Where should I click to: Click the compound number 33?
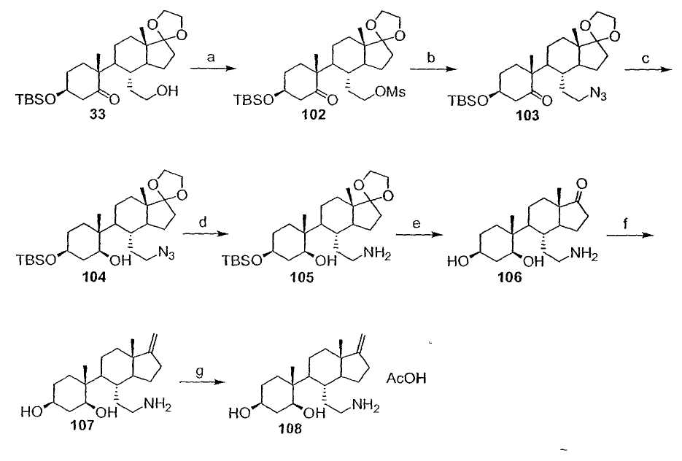click(x=96, y=116)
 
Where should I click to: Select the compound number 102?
click(x=314, y=116)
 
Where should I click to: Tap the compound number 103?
click(x=527, y=116)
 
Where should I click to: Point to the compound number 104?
click(x=94, y=277)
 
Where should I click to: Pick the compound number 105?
click(x=302, y=277)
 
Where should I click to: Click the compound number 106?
click(x=509, y=277)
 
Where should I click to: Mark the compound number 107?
click(x=82, y=425)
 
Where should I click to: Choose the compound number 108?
click(x=290, y=429)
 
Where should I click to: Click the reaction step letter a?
click(x=211, y=58)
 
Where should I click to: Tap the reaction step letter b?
click(x=431, y=57)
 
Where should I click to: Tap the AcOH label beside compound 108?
click(x=406, y=379)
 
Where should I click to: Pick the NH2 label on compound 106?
click(x=584, y=255)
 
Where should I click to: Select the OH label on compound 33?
click(x=168, y=91)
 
